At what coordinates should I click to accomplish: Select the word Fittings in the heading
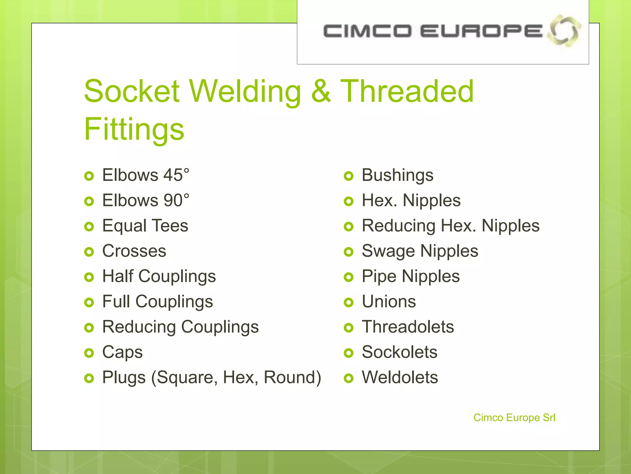(x=134, y=129)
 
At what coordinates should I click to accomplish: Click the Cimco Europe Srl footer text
(x=514, y=418)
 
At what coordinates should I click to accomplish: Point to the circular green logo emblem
(x=564, y=31)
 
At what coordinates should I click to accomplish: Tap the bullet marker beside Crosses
(x=89, y=252)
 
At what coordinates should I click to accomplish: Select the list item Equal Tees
(x=145, y=226)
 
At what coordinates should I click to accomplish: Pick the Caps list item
(x=122, y=352)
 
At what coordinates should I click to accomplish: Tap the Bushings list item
(x=397, y=175)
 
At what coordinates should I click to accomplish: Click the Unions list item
(x=389, y=301)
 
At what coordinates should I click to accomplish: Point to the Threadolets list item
(x=408, y=327)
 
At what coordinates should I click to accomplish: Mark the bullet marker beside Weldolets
(x=348, y=378)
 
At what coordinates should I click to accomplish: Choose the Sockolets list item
(x=399, y=352)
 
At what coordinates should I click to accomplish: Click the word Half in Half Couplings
(x=118, y=276)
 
